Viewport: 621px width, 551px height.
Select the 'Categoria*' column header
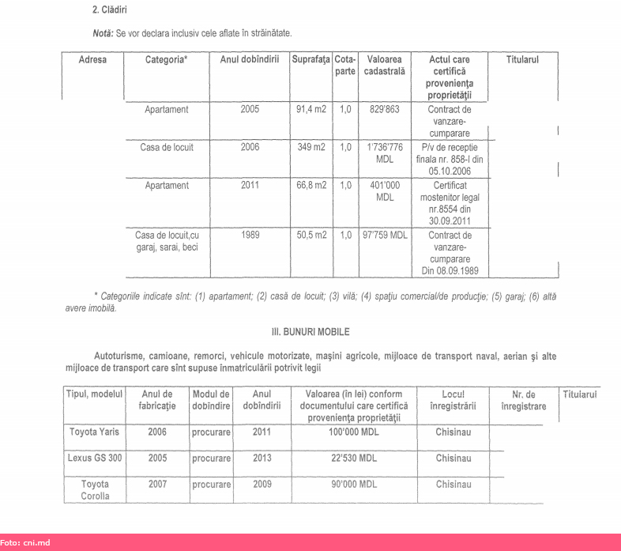166,60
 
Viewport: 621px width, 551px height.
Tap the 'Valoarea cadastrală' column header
384,66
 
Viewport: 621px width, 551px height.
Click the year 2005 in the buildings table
249,110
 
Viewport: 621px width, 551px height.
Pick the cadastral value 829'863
384,110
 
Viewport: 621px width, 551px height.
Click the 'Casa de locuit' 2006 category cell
164,147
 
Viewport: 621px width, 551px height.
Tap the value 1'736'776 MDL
385,153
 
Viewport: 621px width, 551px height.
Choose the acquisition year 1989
249,235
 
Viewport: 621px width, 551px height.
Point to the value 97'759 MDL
385,235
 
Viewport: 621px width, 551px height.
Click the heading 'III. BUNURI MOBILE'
310,332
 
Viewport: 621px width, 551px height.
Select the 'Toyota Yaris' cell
95,432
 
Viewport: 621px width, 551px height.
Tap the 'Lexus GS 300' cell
95,459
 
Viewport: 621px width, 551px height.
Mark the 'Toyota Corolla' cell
95,490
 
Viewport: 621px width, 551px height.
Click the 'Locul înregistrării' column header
453,400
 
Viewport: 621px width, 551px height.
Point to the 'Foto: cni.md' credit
25,543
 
